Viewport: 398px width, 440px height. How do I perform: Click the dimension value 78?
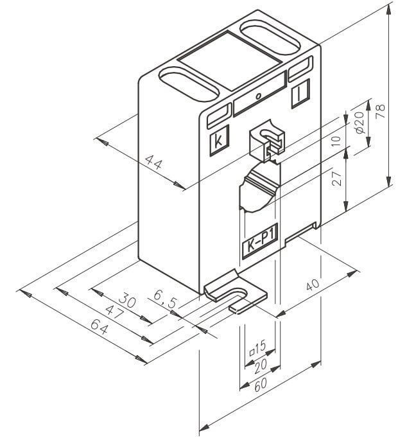click(381, 110)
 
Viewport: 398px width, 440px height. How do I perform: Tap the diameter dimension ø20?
click(359, 121)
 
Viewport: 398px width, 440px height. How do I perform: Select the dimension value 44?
click(151, 163)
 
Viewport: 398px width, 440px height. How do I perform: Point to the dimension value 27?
click(336, 180)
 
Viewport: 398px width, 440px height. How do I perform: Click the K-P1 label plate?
click(258, 245)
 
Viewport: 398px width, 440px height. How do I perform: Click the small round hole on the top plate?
click(258, 97)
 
